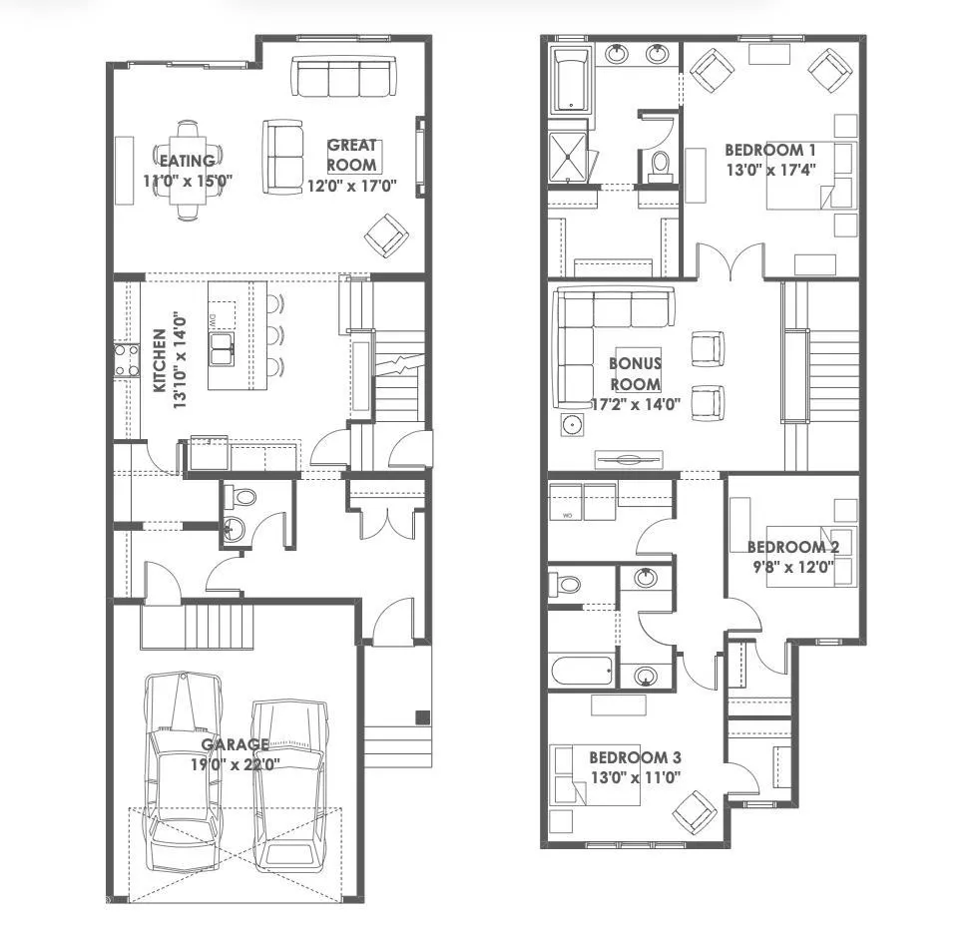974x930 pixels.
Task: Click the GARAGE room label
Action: (x=235, y=744)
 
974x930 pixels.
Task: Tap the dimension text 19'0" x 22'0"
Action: (x=235, y=764)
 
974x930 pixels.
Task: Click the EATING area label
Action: (x=187, y=161)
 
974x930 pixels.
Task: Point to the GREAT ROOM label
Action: (x=352, y=155)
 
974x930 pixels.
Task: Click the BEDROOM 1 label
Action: (x=770, y=150)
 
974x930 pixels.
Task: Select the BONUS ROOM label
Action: (x=635, y=375)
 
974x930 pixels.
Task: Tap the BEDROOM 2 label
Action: (x=792, y=547)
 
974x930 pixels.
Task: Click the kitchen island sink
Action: (x=224, y=345)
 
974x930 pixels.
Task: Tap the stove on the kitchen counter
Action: (x=127, y=360)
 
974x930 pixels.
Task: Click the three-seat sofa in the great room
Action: (x=342, y=76)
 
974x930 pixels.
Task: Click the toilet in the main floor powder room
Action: (x=240, y=497)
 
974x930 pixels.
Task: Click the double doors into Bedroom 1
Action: (x=730, y=264)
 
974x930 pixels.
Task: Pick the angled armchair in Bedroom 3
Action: (x=696, y=810)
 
